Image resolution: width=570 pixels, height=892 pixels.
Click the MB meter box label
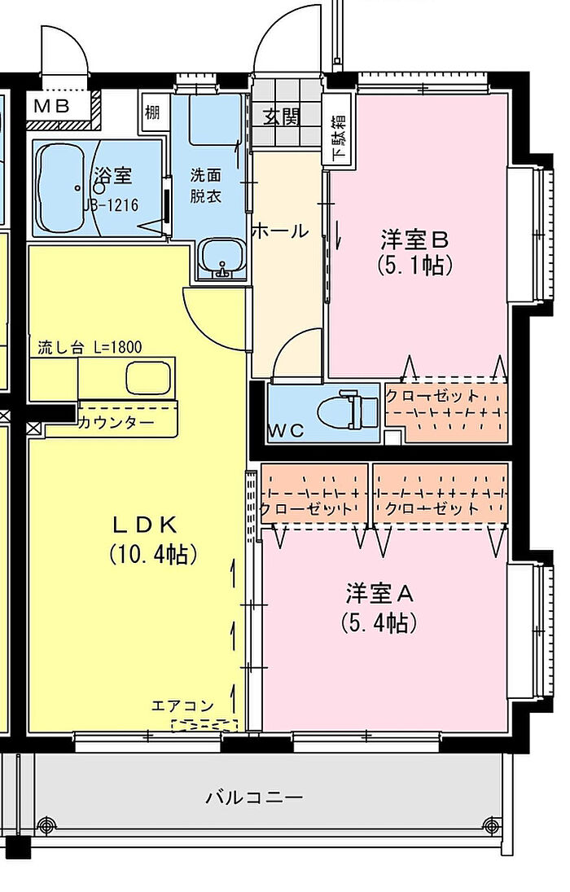click(x=52, y=106)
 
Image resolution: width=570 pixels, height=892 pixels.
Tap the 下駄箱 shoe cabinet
click(x=338, y=137)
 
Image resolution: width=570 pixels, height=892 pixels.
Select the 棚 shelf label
click(x=152, y=112)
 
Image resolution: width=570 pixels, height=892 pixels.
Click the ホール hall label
click(x=279, y=231)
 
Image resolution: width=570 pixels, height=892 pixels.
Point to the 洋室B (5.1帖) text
click(x=414, y=252)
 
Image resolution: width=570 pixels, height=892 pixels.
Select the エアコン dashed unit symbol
click(x=204, y=725)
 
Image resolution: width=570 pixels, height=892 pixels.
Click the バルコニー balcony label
click(x=254, y=797)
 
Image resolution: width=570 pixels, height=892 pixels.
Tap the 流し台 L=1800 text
click(x=90, y=347)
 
